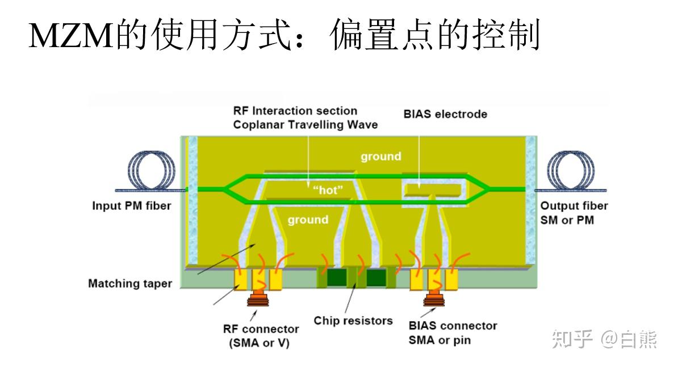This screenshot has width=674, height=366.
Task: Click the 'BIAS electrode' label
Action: coord(445,114)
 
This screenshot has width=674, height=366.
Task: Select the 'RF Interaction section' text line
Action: coord(295,111)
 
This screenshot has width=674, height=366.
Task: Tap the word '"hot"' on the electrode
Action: coord(328,190)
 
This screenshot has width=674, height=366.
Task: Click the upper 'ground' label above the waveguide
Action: coord(380,156)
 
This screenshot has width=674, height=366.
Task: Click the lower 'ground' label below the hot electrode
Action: coord(307,220)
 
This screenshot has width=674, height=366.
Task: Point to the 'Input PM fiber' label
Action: coord(131,205)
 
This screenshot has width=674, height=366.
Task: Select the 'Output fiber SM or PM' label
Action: coord(573,213)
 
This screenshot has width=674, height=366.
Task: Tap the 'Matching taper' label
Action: coord(129,283)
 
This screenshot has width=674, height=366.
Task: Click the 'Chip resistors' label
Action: coord(353,321)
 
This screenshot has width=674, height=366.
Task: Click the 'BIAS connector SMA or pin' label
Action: coord(452,333)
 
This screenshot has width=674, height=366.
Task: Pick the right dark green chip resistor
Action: coord(376,277)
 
